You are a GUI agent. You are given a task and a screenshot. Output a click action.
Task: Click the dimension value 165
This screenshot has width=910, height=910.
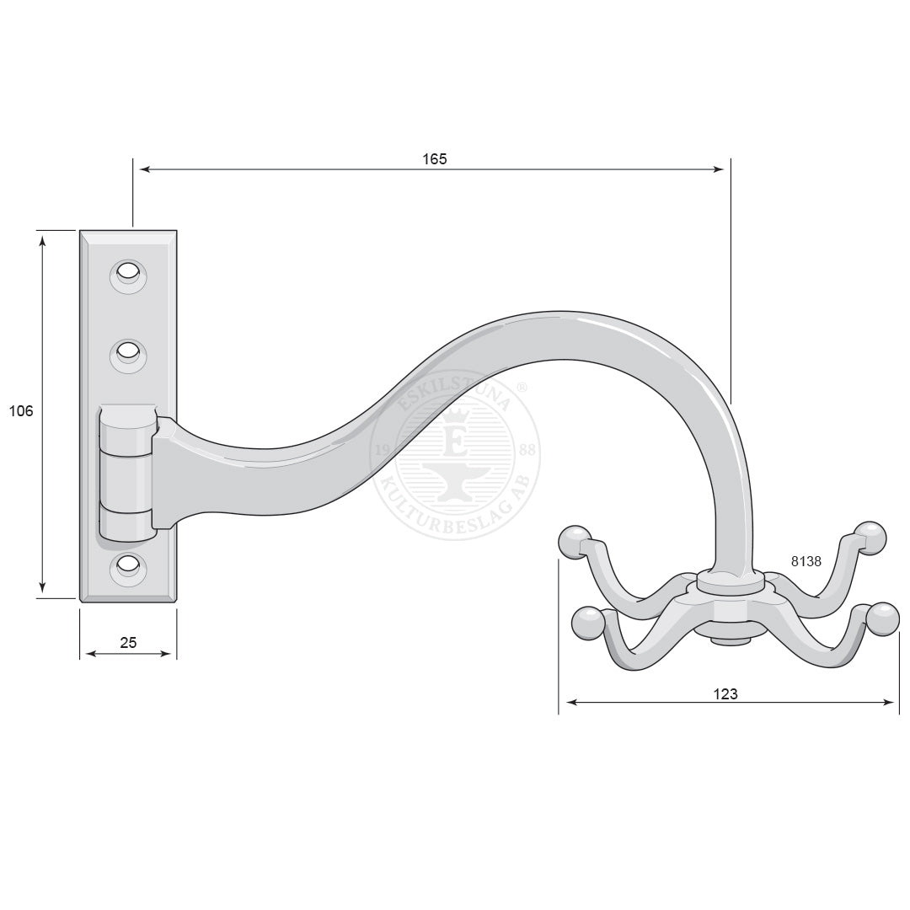[435, 158]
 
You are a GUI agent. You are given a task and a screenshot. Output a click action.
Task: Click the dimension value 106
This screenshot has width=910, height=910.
[21, 411]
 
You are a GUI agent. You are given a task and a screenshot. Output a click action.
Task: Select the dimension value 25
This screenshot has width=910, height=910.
[128, 642]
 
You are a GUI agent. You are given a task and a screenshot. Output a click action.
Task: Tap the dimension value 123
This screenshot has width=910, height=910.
[725, 693]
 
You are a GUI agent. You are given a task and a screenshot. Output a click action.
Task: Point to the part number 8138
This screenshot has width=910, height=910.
[806, 561]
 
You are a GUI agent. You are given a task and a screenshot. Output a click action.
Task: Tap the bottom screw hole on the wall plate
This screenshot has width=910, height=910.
[128, 566]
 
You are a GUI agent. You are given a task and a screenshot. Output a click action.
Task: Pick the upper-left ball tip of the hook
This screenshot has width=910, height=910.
[575, 542]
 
